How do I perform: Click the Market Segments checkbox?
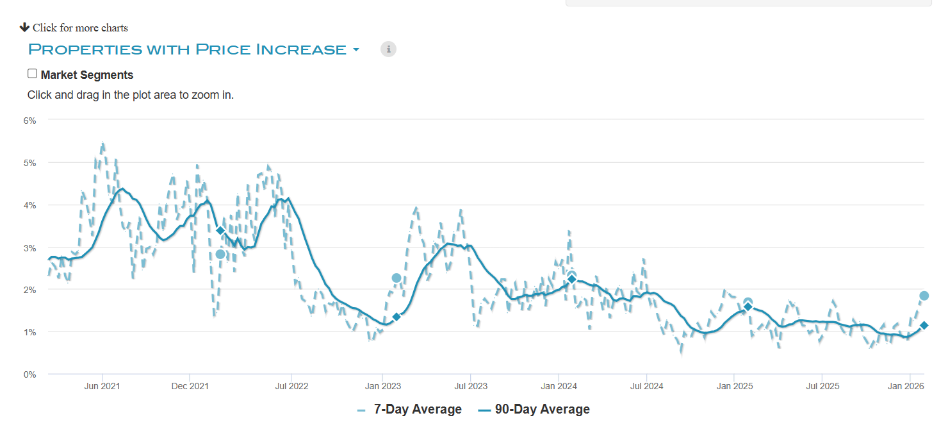point(33,74)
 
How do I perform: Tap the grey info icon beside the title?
point(388,49)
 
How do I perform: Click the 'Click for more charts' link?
point(74,28)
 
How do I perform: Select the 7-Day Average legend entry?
point(410,409)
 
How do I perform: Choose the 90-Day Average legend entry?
point(534,409)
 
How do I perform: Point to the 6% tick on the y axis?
point(30,120)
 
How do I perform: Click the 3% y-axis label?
point(30,247)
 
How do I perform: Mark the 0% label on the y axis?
point(30,374)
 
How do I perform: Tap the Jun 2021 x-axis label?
point(102,386)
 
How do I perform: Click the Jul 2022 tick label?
point(291,386)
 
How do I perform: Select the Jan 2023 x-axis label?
point(383,386)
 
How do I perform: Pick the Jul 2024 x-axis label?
point(646,386)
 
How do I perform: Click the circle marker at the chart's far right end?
point(924,296)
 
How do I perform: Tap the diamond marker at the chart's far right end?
point(924,326)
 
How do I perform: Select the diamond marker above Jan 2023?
point(396,317)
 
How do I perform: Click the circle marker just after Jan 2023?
point(396,278)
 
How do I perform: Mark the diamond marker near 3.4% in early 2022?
point(220,230)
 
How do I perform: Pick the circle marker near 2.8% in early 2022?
point(220,254)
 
